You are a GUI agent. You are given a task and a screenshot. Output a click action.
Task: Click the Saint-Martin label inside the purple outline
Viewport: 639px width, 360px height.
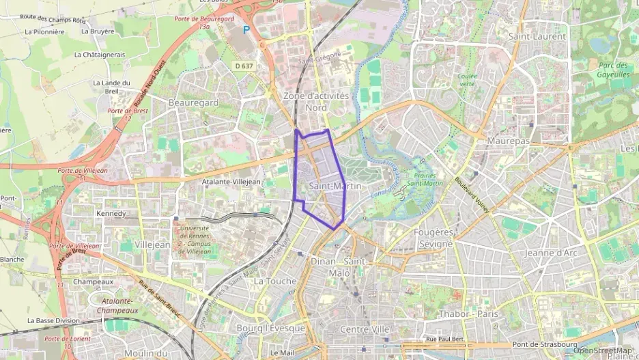tap(334, 186)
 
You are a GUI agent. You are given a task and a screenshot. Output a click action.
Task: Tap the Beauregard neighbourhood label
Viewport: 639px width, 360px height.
tap(193, 102)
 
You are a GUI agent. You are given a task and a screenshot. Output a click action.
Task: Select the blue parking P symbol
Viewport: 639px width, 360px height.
tap(246, 30)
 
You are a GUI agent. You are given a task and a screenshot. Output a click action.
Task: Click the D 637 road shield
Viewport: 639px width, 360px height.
tap(243, 66)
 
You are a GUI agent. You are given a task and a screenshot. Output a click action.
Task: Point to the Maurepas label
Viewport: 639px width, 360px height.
tap(509, 140)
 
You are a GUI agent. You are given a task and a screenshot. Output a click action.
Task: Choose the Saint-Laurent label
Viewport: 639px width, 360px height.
tap(537, 36)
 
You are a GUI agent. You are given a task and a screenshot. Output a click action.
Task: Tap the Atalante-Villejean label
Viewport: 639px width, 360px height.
tap(231, 182)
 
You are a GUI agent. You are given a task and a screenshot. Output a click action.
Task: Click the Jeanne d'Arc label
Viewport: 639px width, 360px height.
tap(551, 253)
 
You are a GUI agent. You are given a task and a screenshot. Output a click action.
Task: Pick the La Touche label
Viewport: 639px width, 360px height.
tap(275, 281)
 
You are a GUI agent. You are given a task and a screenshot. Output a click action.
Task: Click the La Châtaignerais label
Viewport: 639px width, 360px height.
tap(100, 55)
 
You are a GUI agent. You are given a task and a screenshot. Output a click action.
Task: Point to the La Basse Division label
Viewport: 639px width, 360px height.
tap(54, 320)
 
